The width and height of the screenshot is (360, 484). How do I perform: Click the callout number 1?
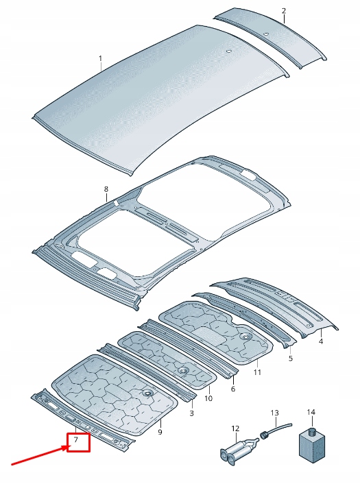tap(99, 59)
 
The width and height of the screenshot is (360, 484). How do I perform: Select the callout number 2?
tap(284, 11)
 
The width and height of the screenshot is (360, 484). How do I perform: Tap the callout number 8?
tap(106, 189)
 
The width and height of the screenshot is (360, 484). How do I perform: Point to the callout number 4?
tap(322, 341)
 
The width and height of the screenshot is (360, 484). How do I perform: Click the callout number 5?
tap(290, 358)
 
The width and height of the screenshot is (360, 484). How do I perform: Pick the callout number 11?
tap(232, 389)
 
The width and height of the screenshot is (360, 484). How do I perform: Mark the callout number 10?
tap(208, 398)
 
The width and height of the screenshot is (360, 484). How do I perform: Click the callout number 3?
tap(191, 413)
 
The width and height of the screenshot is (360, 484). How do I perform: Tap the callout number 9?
tap(160, 432)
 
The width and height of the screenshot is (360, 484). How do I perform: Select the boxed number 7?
tap(77, 443)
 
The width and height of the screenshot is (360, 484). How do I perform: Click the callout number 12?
tap(235, 428)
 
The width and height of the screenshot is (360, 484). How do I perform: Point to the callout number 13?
tap(274, 413)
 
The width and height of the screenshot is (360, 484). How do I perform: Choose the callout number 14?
tap(311, 412)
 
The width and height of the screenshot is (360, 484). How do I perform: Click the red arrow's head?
tap(66, 448)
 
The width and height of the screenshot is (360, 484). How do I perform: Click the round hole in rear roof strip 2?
tap(265, 34)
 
